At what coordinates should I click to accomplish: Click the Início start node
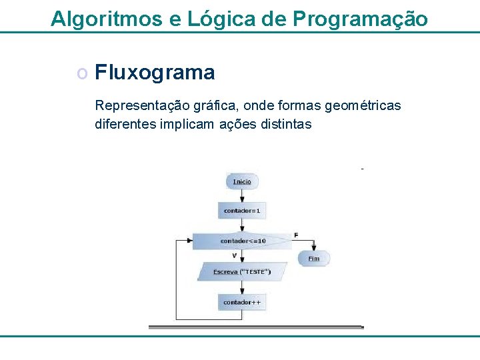pyautogui.click(x=242, y=181)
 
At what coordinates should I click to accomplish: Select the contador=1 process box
pyautogui.click(x=242, y=211)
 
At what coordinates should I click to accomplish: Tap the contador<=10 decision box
pyautogui.click(x=243, y=241)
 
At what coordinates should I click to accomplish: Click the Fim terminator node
pyautogui.click(x=313, y=258)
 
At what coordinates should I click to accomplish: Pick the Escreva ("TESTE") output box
pyautogui.click(x=242, y=271)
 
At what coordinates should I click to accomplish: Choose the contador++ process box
pyautogui.click(x=242, y=302)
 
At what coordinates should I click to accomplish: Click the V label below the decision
pyautogui.click(x=234, y=255)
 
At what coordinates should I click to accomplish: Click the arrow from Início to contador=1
pyautogui.click(x=242, y=195)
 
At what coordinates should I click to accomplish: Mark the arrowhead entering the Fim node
pyautogui.click(x=313, y=249)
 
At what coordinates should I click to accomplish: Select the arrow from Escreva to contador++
pyautogui.click(x=242, y=287)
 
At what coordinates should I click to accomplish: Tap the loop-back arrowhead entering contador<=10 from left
pyautogui.click(x=189, y=240)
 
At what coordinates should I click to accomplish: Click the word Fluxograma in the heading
pyautogui.click(x=155, y=72)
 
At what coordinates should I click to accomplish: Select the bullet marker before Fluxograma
pyautogui.click(x=81, y=73)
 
